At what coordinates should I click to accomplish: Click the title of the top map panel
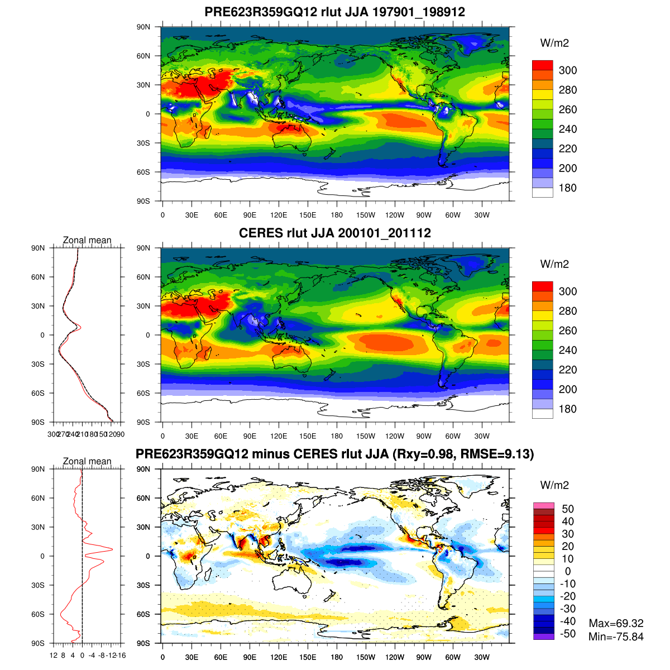(x=335, y=12)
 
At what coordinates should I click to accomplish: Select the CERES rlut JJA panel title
(x=335, y=233)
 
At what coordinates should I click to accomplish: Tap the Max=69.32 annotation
(x=616, y=623)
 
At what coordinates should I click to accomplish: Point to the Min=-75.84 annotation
(x=616, y=636)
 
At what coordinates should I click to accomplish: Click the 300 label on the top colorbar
(x=568, y=70)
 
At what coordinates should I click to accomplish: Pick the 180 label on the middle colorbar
(x=568, y=409)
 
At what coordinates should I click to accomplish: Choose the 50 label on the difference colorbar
(x=568, y=509)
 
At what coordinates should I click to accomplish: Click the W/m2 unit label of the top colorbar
(x=554, y=43)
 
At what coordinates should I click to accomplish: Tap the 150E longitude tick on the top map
(x=308, y=215)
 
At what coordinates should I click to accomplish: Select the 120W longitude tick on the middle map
(x=395, y=436)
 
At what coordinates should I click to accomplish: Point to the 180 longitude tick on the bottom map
(x=337, y=657)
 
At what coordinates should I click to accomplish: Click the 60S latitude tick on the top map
(x=144, y=172)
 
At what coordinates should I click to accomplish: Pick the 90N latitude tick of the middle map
(x=144, y=248)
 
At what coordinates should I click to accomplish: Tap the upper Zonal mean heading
(x=87, y=240)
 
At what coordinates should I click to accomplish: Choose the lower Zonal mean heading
(x=87, y=461)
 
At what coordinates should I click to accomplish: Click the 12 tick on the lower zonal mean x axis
(x=54, y=655)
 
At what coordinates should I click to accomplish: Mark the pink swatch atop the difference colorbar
(x=543, y=505)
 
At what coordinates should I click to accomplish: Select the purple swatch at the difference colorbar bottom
(x=543, y=636)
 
